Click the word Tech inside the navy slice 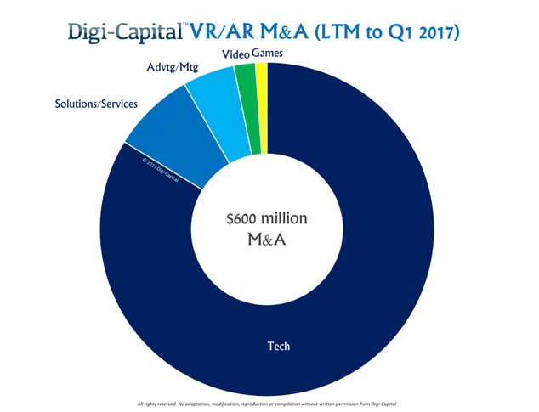[x=278, y=347]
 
